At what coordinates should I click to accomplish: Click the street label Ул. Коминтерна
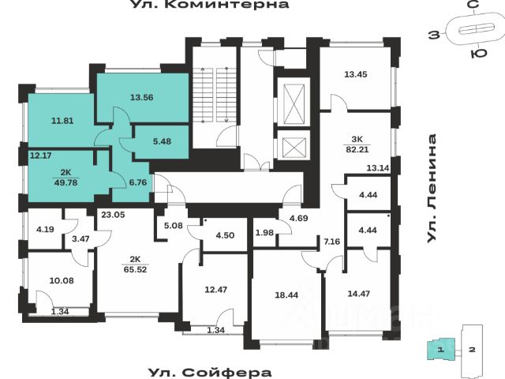(x=209, y=5)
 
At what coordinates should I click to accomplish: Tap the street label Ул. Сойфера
(x=210, y=373)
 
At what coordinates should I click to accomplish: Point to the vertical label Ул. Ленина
(x=432, y=189)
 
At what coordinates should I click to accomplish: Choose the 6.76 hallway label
(x=126, y=181)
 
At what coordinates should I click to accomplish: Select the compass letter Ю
(x=477, y=54)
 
